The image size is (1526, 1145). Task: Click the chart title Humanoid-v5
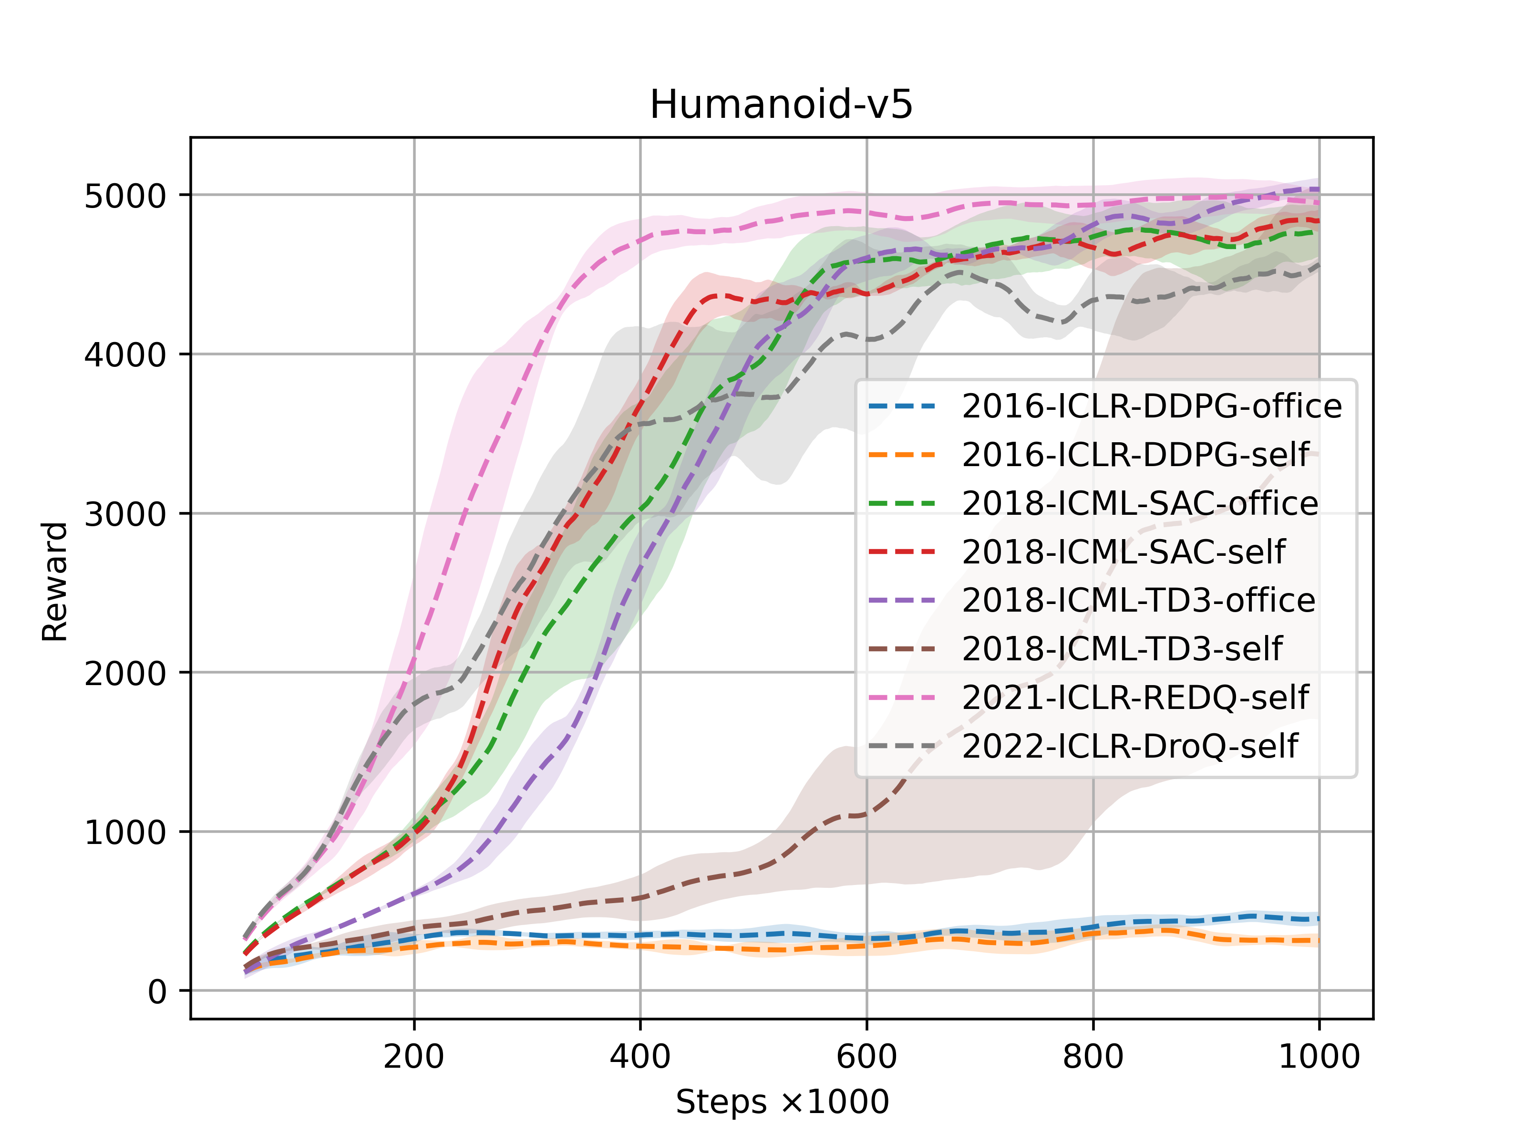781,105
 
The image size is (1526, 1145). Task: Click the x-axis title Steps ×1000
782,1102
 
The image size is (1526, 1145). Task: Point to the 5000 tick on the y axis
125,196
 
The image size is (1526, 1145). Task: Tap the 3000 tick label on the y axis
125,514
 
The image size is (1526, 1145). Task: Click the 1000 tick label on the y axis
125,833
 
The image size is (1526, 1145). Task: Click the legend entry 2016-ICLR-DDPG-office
1151,406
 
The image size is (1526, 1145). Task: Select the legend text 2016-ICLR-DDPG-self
1135,455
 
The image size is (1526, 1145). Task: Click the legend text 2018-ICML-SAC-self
1123,552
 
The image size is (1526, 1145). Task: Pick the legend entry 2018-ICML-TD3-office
1138,601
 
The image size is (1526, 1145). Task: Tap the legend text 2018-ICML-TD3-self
1122,649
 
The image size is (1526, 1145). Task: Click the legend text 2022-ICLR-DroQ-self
1129,746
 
